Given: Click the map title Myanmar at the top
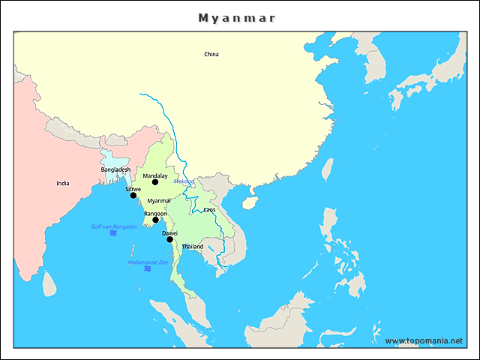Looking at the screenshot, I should click(x=237, y=17).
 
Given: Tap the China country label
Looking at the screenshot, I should click(x=211, y=54).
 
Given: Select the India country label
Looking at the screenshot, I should click(x=63, y=183).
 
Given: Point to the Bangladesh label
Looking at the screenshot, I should click(x=115, y=169).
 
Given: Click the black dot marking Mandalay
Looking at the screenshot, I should click(x=155, y=182).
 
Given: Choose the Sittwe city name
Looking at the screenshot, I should click(x=133, y=189).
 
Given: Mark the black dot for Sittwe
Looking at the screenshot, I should click(x=133, y=195).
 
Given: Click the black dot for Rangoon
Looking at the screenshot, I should click(x=156, y=220).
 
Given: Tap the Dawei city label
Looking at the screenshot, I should click(x=169, y=233).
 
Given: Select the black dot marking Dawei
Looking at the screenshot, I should click(x=169, y=239).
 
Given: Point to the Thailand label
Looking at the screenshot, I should click(x=192, y=247).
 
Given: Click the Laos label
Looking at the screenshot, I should click(x=209, y=210).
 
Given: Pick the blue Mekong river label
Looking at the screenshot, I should click(x=183, y=181).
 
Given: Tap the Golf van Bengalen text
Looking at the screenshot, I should click(x=113, y=226).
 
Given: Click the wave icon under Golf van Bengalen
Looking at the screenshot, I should click(x=113, y=233).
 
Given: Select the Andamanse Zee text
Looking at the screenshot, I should click(x=148, y=262).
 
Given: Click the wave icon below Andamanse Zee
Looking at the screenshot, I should click(x=148, y=268).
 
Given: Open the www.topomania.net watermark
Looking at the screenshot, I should click(x=424, y=340).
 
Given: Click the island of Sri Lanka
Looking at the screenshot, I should click(x=49, y=283).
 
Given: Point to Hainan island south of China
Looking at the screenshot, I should click(x=250, y=202).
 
